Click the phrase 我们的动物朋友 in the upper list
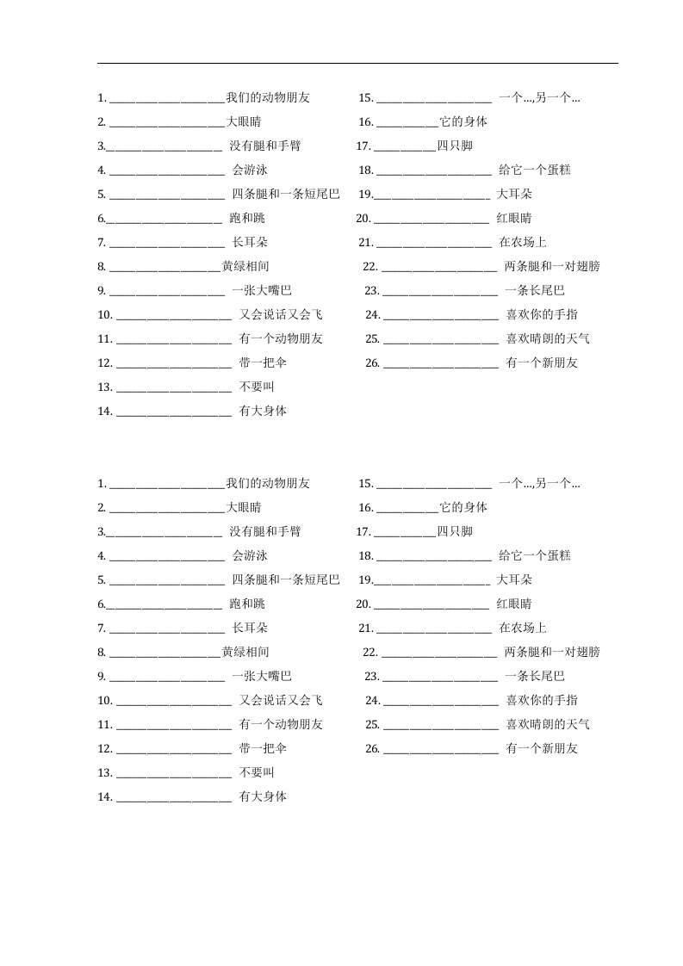(268, 98)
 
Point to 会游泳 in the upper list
(250, 170)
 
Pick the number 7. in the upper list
(102, 243)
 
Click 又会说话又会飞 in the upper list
(282, 315)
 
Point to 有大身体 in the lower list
(263, 797)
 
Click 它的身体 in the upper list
(463, 122)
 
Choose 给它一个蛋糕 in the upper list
(535, 170)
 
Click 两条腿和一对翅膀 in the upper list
(552, 267)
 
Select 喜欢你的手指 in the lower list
(542, 701)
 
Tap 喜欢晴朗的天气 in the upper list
(548, 339)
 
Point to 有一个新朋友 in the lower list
(542, 749)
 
